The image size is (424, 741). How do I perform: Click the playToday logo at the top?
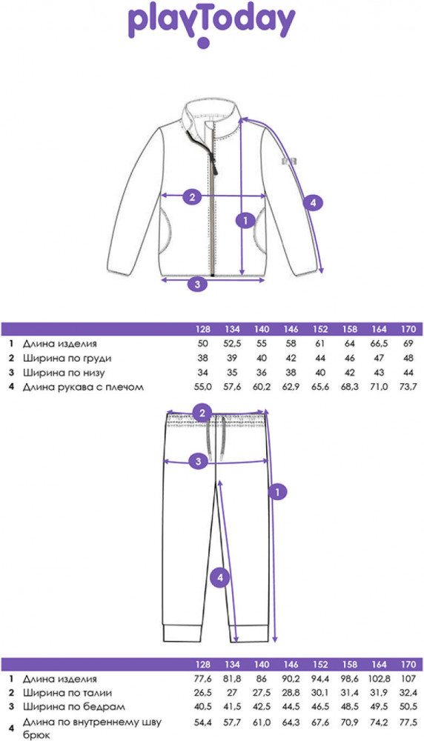coord(212,24)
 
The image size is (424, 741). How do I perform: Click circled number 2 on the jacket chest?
coord(192,196)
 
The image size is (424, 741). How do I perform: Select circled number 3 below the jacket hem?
coord(198,284)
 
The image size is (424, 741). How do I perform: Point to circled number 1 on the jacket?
coord(245,220)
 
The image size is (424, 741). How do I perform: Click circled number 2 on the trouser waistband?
coord(203,413)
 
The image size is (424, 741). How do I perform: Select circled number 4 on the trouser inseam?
coord(219,576)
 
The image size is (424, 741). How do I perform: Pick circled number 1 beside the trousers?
coord(277,492)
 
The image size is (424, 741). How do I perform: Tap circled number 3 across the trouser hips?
coord(198,462)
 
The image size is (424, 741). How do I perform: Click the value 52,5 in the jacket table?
coord(232,344)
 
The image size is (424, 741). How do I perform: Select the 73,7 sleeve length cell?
coord(408,387)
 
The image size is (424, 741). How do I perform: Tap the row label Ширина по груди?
coord(67,359)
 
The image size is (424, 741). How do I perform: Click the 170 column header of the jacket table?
coord(408,330)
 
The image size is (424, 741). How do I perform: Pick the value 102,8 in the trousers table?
coord(379,679)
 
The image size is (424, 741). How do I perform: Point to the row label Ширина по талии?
coord(67,694)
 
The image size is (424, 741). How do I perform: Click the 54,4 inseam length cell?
coord(203,723)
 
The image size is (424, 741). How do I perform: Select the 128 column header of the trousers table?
coord(203,665)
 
